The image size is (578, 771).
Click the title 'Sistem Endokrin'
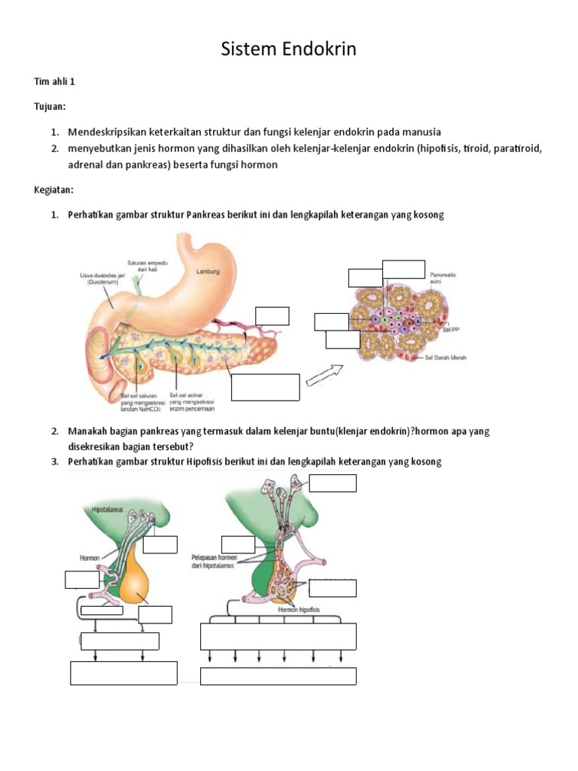pyautogui.click(x=288, y=50)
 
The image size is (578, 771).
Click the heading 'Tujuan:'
pyautogui.click(x=52, y=107)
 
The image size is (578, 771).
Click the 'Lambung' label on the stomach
pyautogui.click(x=207, y=272)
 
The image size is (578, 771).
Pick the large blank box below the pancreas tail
pyautogui.click(x=266, y=387)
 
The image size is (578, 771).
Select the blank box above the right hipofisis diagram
pyautogui.click(x=333, y=483)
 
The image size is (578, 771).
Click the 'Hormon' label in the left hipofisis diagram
pyautogui.click(x=90, y=558)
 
